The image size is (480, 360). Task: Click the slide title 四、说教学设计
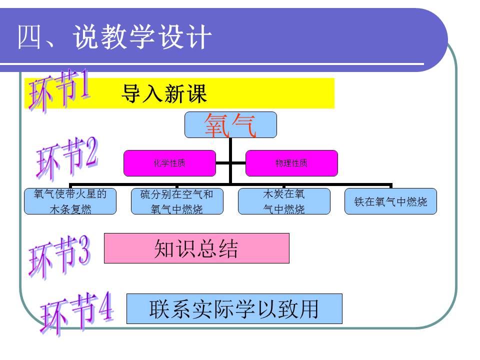coord(114,37)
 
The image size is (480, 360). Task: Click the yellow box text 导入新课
coord(164,93)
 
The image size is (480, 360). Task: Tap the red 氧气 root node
coord(230,125)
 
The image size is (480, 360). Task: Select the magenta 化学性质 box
coord(170,163)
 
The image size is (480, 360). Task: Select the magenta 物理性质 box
coord(291,163)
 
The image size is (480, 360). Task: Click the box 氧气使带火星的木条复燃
coord(70,201)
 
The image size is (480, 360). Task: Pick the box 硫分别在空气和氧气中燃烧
coord(177,201)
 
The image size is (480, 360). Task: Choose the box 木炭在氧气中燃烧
coord(284,201)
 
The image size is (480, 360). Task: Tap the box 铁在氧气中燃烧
coord(390,201)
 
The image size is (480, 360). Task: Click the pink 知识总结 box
coord(196,248)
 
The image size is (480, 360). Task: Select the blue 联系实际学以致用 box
coord(234,308)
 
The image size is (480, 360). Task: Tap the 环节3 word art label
coord(59,256)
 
